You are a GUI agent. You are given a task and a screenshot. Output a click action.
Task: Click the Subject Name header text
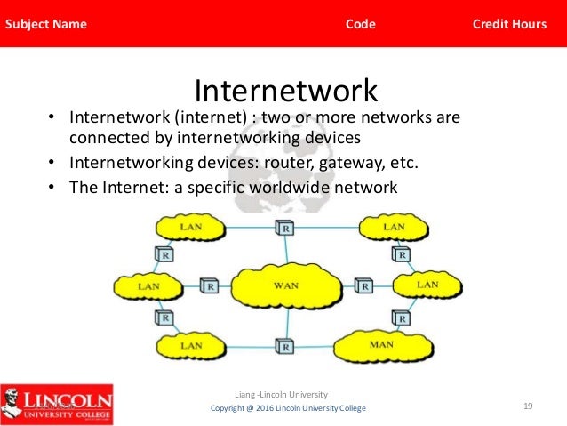tap(46, 24)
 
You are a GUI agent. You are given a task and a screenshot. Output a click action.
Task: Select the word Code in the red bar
tap(360, 24)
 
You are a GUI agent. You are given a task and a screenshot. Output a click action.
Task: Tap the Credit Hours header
tap(509, 24)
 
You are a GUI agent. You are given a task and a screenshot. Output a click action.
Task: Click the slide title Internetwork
tap(285, 91)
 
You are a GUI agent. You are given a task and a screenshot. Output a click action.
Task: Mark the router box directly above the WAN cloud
tap(285, 229)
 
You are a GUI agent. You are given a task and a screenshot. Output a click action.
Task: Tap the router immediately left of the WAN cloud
tap(209, 286)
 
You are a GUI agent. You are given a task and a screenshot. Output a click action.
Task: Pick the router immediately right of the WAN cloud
tap(363, 286)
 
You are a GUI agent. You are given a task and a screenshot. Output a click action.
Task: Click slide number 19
tap(528, 406)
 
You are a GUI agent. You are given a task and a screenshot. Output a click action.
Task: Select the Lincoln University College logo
tap(57, 401)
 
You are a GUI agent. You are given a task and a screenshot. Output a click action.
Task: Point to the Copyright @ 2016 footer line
tap(287, 407)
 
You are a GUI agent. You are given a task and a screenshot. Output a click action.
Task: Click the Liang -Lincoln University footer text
tap(281, 393)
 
